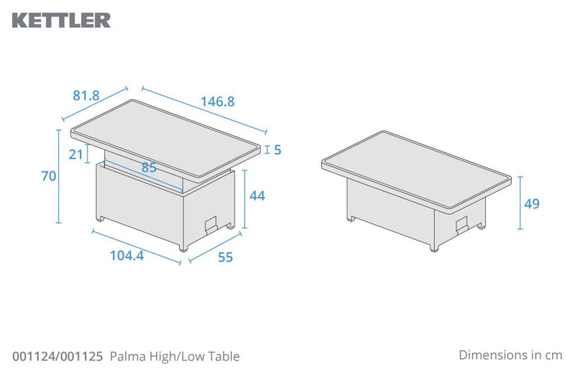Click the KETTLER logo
62,20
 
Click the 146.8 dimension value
217,102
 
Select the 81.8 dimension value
86,93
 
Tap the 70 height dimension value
48,176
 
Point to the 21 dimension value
75,154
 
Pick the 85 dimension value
149,168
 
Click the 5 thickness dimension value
277,150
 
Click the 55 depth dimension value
225,257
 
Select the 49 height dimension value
531,204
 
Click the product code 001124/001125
58,356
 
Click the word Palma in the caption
126,356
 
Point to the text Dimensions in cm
510,355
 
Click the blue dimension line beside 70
60,176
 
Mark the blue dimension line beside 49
520,204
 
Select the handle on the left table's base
211,223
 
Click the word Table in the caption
225,356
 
